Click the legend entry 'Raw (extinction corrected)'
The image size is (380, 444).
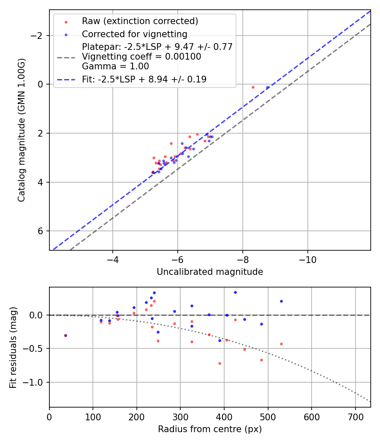[140, 21]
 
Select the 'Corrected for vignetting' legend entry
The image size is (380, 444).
[134, 34]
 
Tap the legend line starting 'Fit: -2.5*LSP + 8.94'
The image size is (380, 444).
[144, 79]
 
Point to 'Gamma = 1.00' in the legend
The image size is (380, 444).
[115, 66]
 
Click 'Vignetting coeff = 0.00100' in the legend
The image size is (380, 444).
[141, 57]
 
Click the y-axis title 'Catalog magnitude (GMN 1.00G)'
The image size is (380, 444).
[22, 130]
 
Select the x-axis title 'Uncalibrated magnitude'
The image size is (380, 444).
[210, 272]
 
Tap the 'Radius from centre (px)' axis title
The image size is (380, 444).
[210, 429]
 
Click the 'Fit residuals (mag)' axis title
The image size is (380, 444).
[13, 348]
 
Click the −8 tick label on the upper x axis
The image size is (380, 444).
[242, 259]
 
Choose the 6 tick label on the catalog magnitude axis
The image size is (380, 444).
[41, 231]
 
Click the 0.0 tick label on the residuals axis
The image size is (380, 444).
[38, 315]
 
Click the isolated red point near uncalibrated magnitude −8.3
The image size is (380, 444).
[253, 88]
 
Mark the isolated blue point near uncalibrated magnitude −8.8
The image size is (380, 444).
[267, 88]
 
